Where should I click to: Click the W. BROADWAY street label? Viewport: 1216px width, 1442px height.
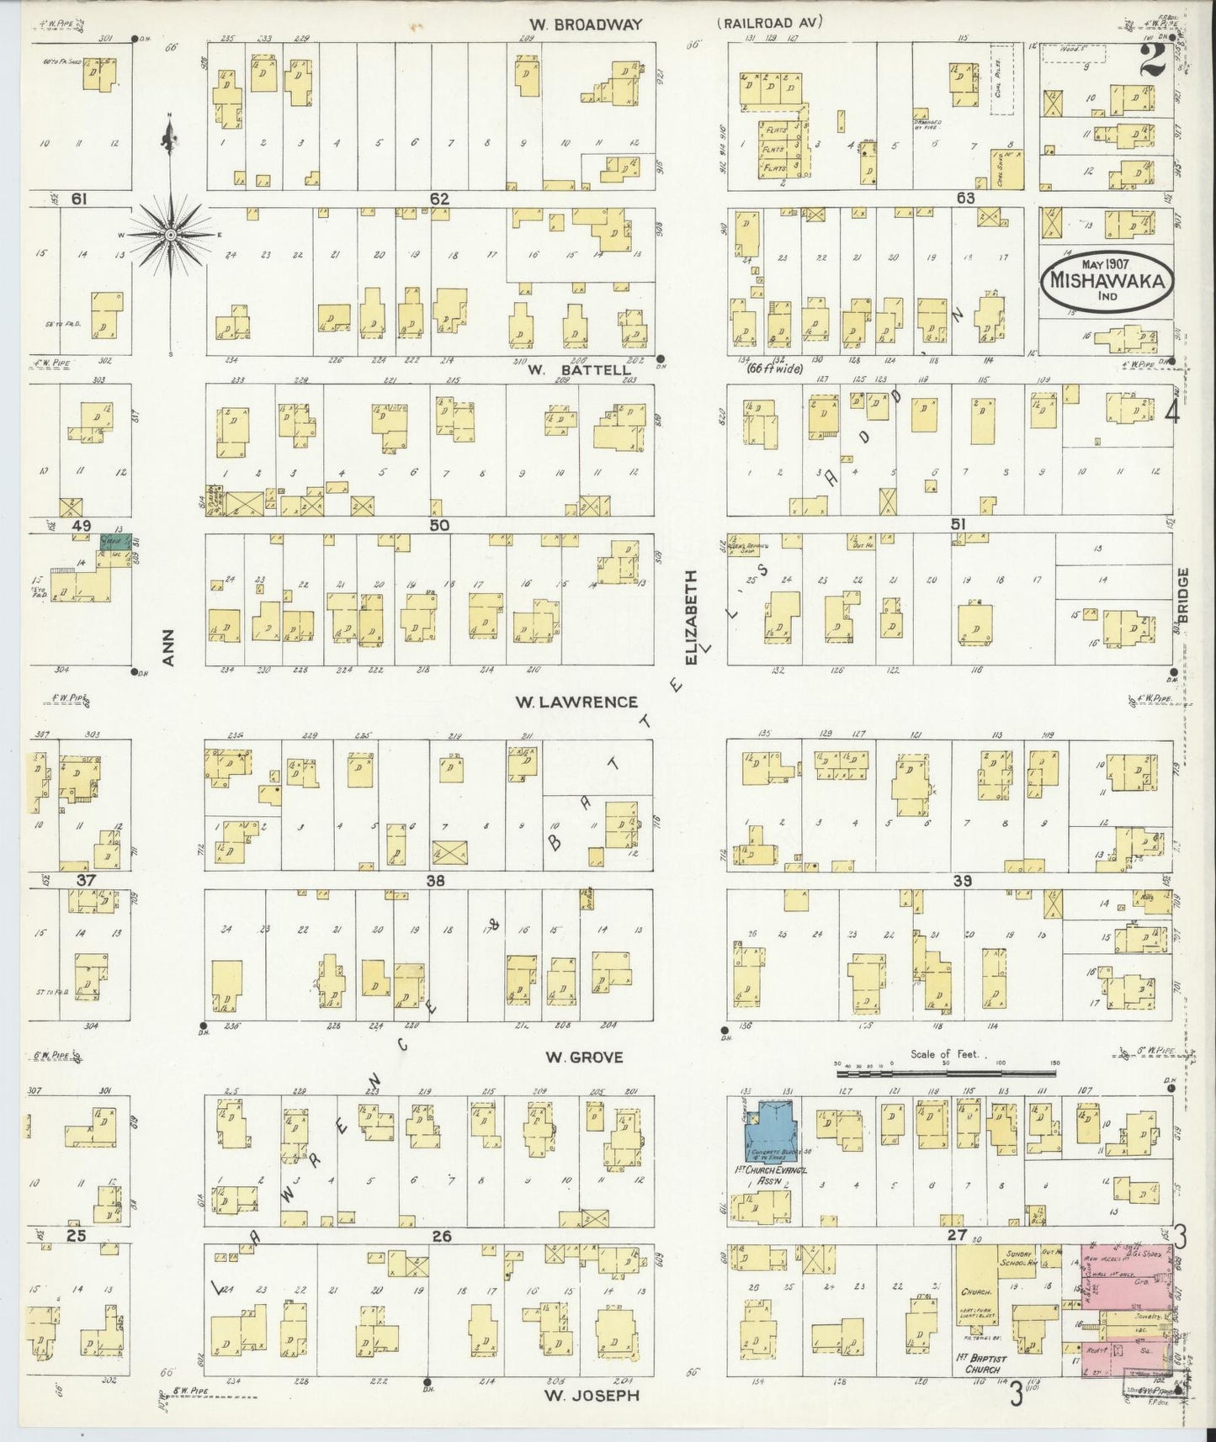click(x=575, y=24)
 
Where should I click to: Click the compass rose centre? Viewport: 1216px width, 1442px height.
click(x=171, y=233)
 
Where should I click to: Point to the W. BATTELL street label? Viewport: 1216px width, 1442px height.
click(x=579, y=369)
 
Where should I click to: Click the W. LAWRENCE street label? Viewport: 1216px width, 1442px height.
click(x=580, y=702)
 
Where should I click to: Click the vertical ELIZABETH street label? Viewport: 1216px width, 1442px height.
click(x=691, y=617)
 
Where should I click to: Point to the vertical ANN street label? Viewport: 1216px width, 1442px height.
click(x=167, y=648)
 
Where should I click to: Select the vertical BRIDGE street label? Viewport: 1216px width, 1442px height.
click(x=1182, y=596)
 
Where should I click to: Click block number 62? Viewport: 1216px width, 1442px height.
click(x=438, y=199)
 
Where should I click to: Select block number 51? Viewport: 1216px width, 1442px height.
click(x=958, y=524)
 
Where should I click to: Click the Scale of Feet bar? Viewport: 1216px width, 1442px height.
click(x=947, y=1074)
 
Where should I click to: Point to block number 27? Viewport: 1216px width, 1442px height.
click(x=955, y=1235)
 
